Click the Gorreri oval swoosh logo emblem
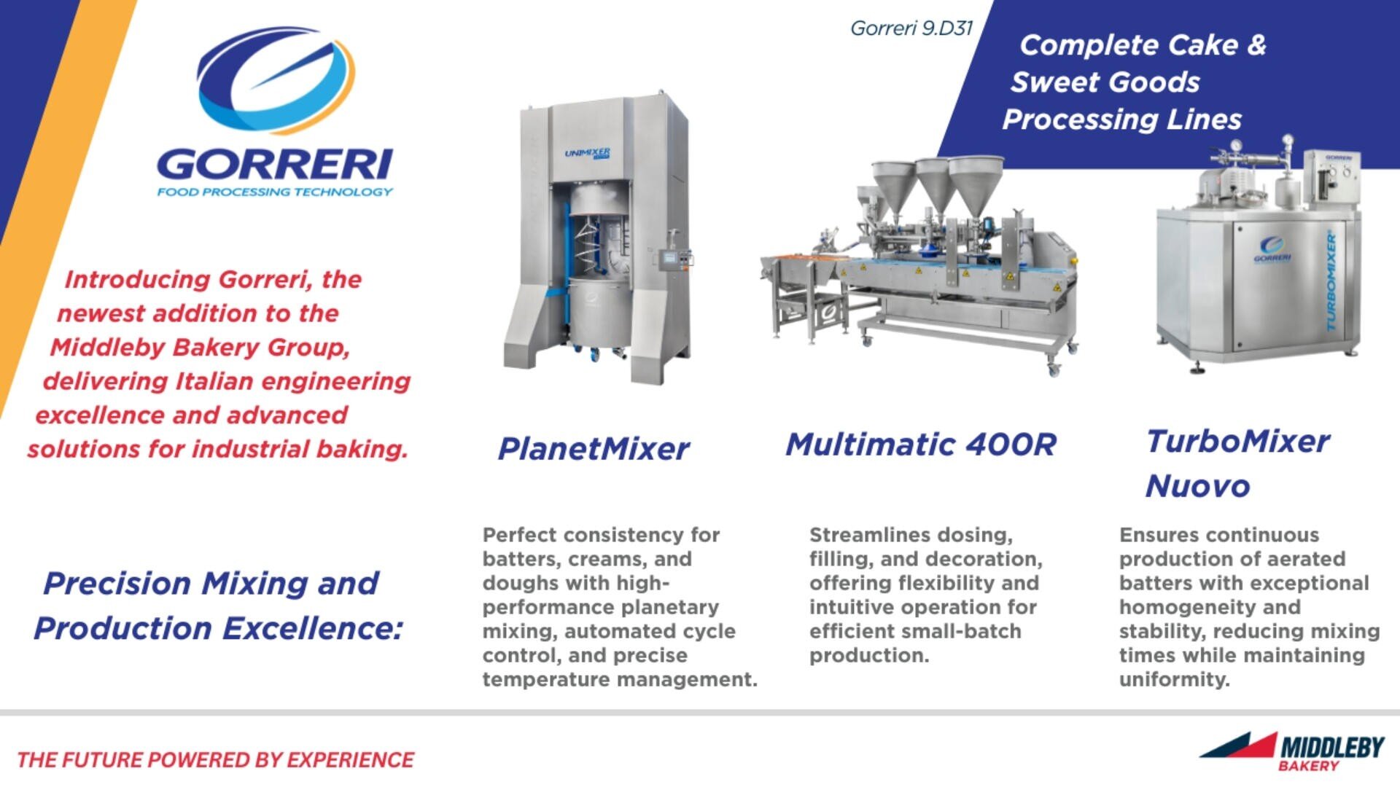[x=276, y=80]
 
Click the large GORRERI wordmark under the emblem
[x=275, y=164]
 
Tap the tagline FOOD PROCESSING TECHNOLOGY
[x=275, y=192]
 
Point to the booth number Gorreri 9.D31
[x=911, y=28]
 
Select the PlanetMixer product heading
[x=593, y=449]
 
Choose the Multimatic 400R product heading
[x=920, y=445]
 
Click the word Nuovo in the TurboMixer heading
[x=1197, y=486]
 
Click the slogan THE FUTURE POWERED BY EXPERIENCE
[x=215, y=760]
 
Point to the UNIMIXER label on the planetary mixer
[x=588, y=153]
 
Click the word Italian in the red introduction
[x=214, y=381]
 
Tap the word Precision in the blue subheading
[x=117, y=583]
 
